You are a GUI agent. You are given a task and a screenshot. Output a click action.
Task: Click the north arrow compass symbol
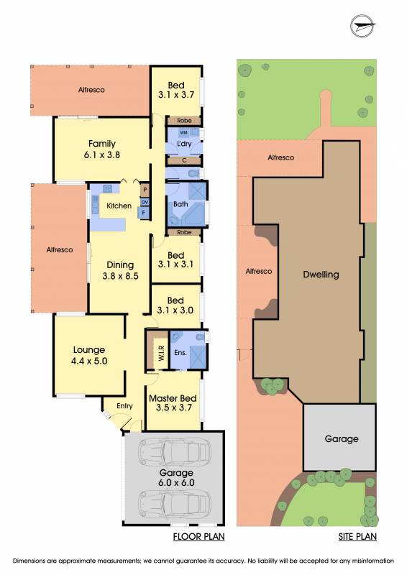pos(362,27)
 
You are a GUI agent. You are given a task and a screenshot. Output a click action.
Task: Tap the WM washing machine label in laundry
pos(183,132)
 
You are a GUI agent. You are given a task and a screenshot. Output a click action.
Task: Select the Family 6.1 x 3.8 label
pos(102,149)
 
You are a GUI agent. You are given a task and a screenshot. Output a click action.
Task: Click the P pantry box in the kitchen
pos(145,190)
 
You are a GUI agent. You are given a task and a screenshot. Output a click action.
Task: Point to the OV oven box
pos(145,202)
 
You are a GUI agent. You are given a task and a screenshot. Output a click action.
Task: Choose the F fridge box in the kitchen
pos(144,213)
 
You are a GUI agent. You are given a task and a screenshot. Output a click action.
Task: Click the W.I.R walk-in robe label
pos(162,353)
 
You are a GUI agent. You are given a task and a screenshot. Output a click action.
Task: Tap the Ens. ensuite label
pos(180,353)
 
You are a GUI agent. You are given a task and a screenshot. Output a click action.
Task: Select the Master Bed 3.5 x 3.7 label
pos(173,402)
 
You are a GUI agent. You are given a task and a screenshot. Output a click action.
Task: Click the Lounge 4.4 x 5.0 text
pos(89,355)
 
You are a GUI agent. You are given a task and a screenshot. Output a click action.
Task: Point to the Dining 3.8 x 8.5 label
pos(120,270)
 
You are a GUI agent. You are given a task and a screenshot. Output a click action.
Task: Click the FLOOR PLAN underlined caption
pos(199,537)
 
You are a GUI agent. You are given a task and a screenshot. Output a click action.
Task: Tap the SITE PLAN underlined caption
pos(357,537)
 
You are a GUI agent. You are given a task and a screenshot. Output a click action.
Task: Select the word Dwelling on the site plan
pos(321,275)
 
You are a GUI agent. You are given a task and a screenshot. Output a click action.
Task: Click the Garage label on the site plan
pos(342,439)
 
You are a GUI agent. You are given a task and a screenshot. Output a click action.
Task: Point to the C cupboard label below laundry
pos(184,160)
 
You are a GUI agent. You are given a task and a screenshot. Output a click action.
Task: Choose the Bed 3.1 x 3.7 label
pos(176,91)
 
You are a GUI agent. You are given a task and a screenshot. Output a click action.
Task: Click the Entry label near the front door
pos(125,406)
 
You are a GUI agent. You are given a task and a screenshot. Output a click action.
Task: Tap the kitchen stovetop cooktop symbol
pos(108,189)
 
